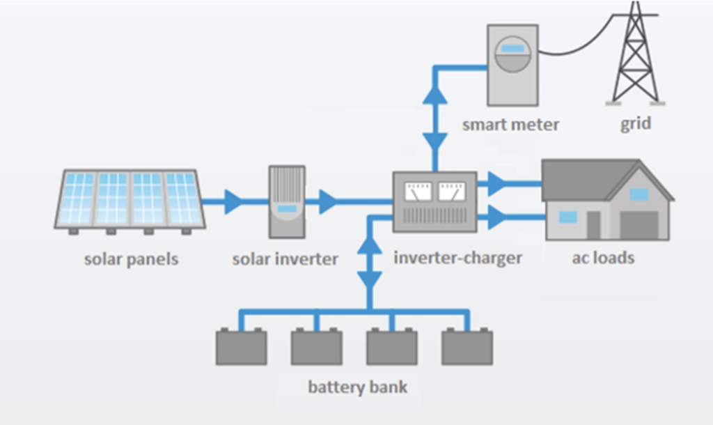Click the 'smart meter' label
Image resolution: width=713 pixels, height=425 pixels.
pos(510,125)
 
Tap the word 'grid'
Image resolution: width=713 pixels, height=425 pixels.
pos(636,124)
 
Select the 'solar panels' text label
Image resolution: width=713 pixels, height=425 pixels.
pos(131,259)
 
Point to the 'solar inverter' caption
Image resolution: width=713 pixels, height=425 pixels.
pos(285,259)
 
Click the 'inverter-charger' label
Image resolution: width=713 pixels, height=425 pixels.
pos(457,258)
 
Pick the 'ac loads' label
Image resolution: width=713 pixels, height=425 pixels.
pos(603,258)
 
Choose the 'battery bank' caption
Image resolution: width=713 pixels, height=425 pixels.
pos(357,387)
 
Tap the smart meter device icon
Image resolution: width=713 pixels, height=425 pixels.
pos(512,65)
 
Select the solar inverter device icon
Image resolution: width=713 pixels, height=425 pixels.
pos(286,201)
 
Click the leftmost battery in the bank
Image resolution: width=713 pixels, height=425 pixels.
pos(241,347)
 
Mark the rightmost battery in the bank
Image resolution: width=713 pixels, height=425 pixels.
pos(467,347)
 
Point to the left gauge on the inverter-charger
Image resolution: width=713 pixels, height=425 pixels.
pos(418,191)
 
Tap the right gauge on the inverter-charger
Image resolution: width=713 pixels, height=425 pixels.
pos(452,191)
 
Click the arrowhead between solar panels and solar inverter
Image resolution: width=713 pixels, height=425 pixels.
pos(233,202)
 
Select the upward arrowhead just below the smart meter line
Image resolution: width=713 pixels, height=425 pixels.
pos(435,94)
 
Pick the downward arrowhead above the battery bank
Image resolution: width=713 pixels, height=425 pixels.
pos(370,279)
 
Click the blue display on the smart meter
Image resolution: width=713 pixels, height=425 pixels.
pos(513,49)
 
